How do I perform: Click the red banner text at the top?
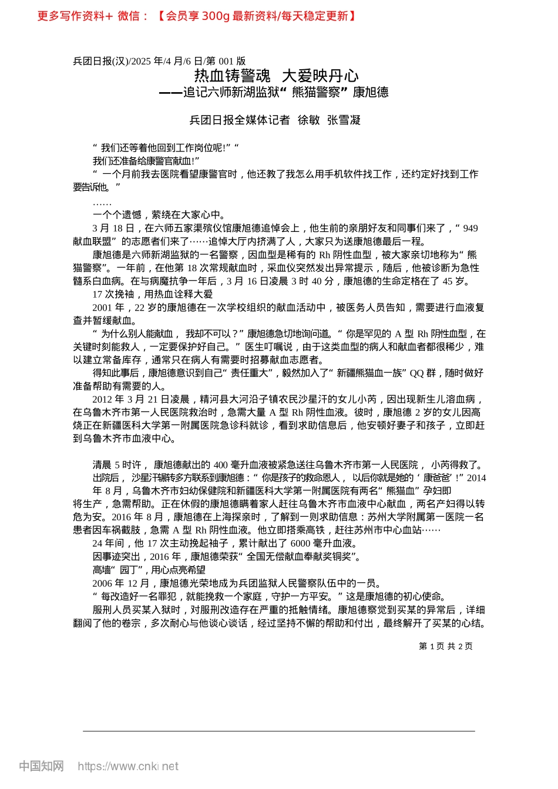pyautogui.click(x=197, y=16)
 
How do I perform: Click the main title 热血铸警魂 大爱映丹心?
pyautogui.click(x=276, y=76)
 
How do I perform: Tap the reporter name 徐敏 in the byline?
pyautogui.click(x=308, y=120)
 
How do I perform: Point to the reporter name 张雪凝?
pyautogui.click(x=344, y=120)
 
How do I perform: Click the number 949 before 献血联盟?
pyautogui.click(x=470, y=228)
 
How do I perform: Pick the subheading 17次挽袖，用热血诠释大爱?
pyautogui.click(x=153, y=294)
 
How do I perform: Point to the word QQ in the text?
pyautogui.click(x=416, y=373)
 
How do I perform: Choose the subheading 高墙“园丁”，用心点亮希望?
pyautogui.click(x=149, y=570)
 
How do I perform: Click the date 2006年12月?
pyautogui.click(x=121, y=583)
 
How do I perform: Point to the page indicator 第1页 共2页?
pyautogui.click(x=445, y=646)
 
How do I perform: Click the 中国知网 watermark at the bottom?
pyautogui.click(x=41, y=766)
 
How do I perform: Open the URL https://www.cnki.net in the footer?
pyautogui.click(x=128, y=766)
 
